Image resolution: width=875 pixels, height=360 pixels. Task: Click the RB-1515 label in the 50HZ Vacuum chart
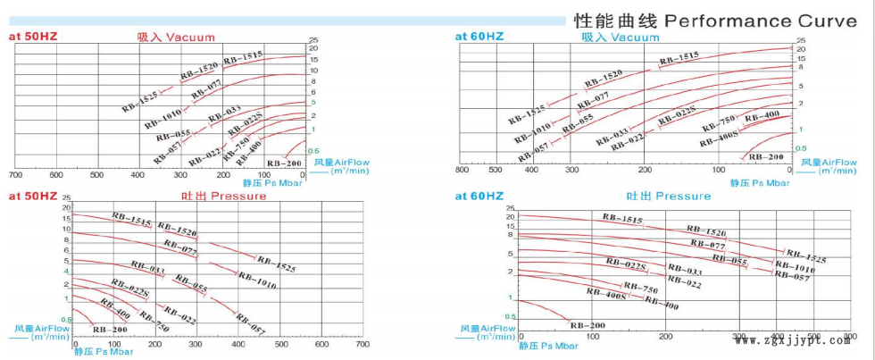coord(243,58)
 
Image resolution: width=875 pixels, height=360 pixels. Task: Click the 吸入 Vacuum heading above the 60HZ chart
coord(621,38)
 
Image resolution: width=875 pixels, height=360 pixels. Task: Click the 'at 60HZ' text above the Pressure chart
coord(479,196)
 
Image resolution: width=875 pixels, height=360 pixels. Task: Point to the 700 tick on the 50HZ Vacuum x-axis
coord(15,174)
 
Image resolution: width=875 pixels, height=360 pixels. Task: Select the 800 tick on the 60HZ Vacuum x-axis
coord(462,170)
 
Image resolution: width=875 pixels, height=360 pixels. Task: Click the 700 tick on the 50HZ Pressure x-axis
coord(362,344)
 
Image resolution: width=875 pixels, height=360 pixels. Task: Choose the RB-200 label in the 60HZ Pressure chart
coord(587,324)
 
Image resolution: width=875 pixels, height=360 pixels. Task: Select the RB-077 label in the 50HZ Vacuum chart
coord(206,88)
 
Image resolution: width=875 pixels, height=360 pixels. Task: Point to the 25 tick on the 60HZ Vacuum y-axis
coord(801,41)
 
